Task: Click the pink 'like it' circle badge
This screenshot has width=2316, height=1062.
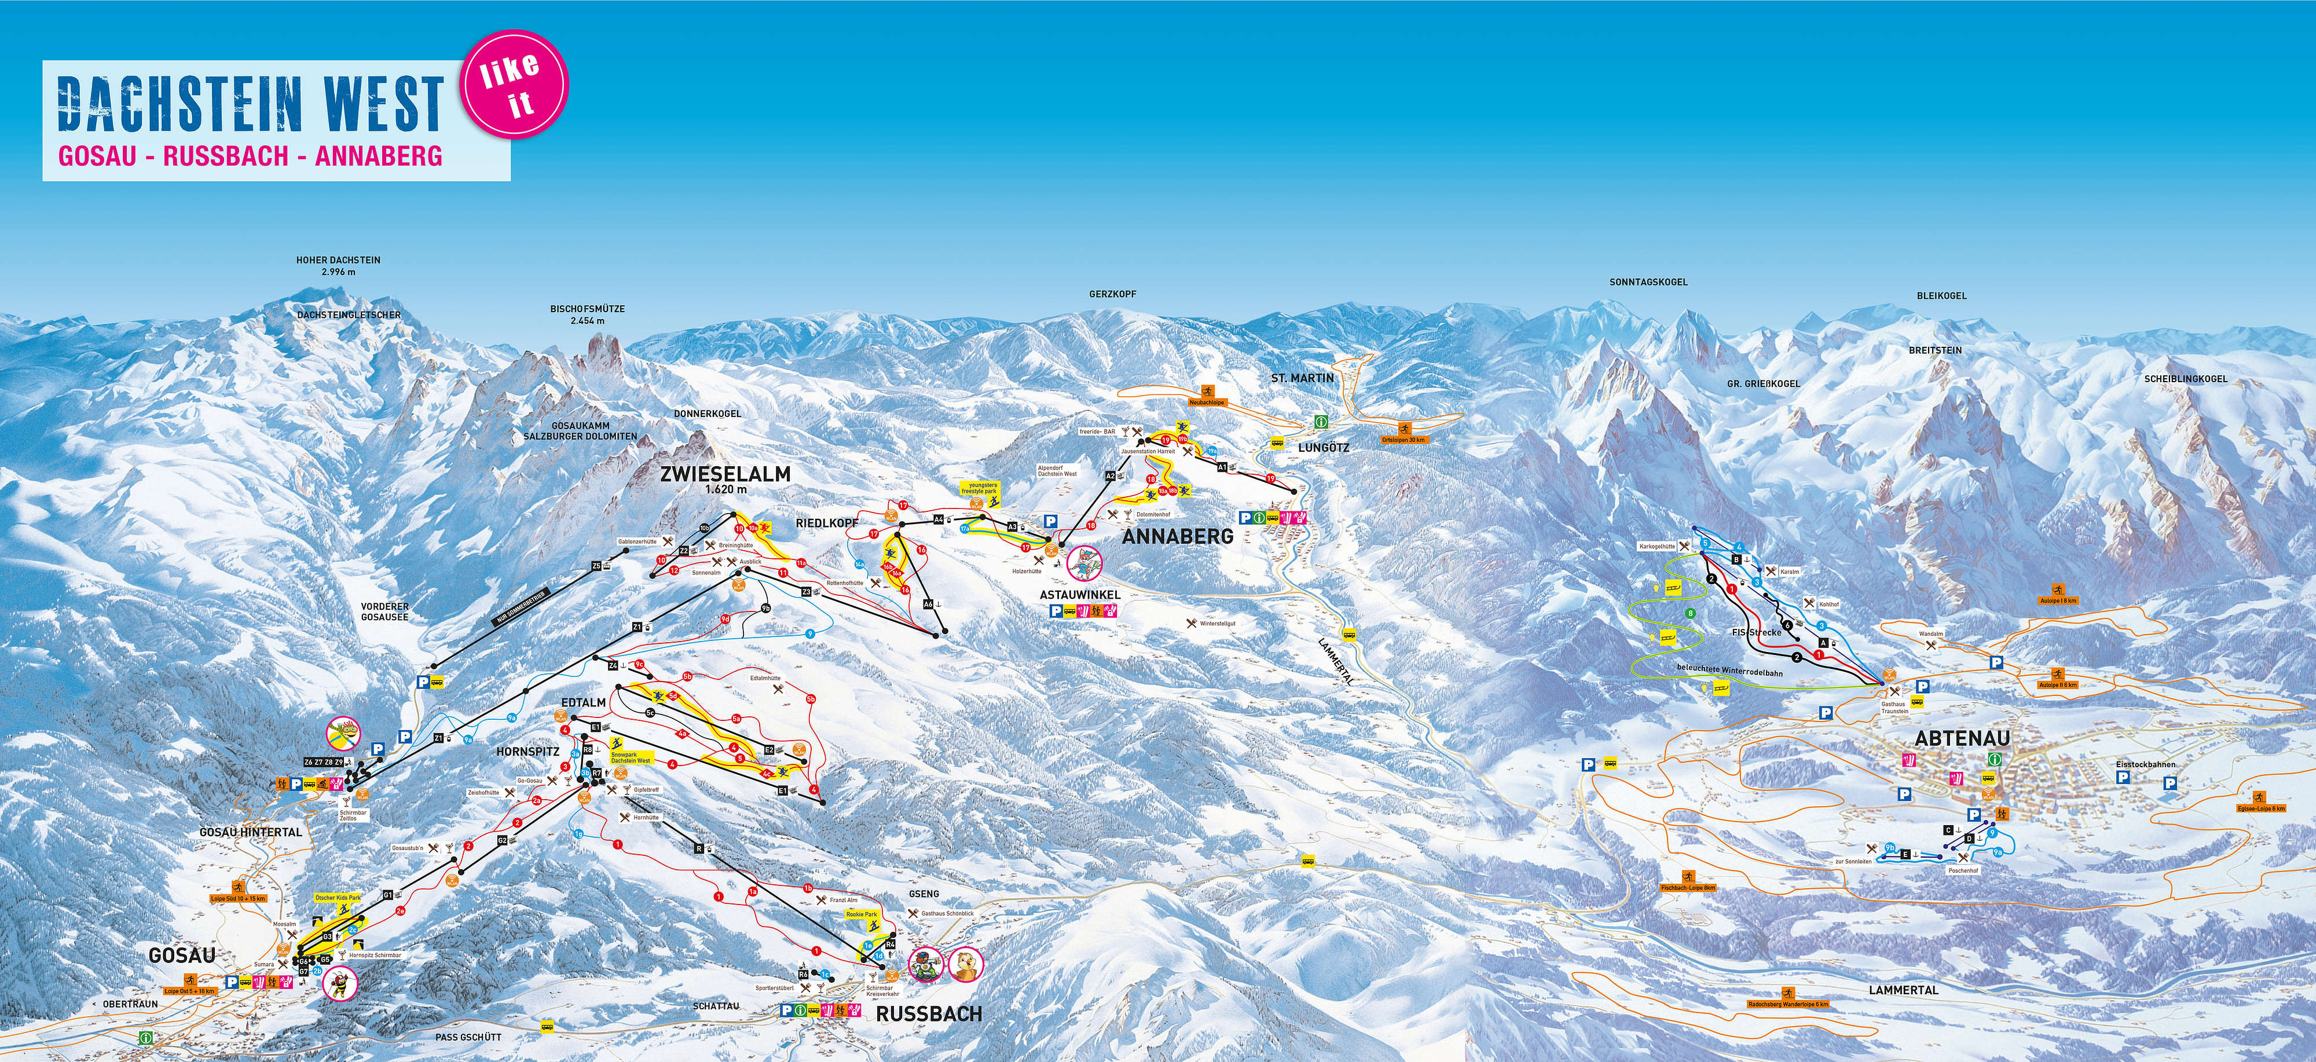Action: (x=514, y=83)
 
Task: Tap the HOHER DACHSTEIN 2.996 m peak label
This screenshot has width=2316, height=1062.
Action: (x=338, y=265)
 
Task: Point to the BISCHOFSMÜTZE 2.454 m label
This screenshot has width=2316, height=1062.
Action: (x=587, y=314)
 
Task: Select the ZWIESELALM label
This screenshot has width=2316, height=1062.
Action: (x=725, y=474)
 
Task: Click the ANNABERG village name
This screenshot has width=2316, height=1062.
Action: (x=1178, y=537)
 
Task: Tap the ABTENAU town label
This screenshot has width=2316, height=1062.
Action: (x=1962, y=738)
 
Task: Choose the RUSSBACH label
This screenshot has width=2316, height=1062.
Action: (x=929, y=1013)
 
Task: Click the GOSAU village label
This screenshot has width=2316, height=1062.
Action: (x=182, y=955)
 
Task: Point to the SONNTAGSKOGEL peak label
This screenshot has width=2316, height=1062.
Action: (x=1648, y=281)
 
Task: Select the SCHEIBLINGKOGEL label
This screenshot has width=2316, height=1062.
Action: (x=2186, y=379)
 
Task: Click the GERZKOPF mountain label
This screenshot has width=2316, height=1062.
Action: (x=1112, y=294)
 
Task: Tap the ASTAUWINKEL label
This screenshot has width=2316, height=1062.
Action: (x=1080, y=594)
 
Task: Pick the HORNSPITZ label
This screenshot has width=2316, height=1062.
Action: (x=527, y=751)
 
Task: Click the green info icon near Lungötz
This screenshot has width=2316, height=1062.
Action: (x=1321, y=422)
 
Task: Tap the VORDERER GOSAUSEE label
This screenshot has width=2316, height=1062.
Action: (x=385, y=611)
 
